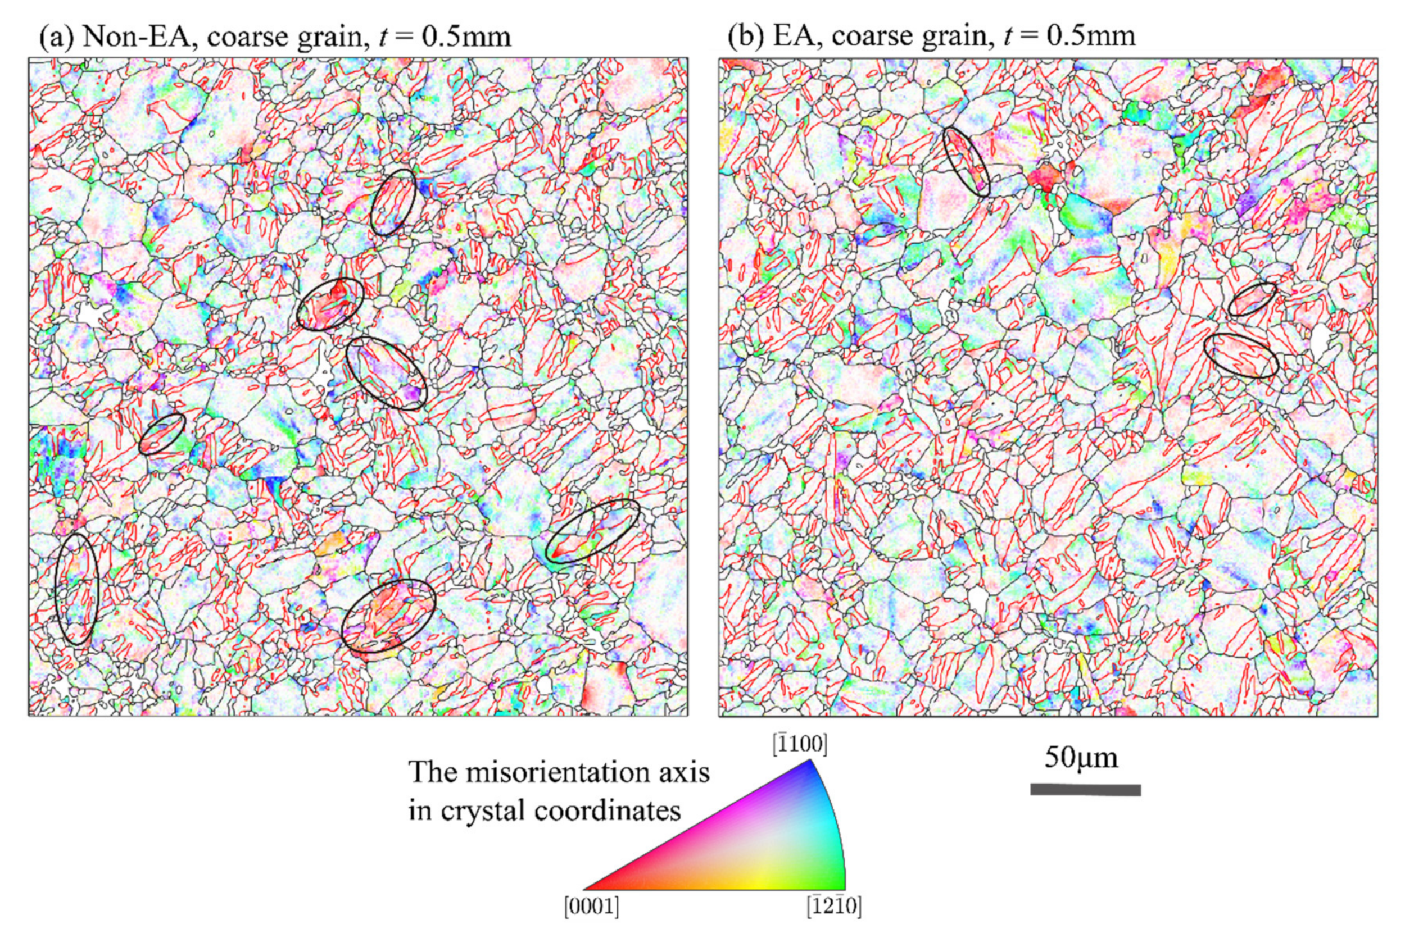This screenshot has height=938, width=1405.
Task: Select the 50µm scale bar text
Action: point(1081,758)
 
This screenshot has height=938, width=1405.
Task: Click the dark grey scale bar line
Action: point(1085,790)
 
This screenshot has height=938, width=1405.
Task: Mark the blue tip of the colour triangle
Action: point(811,764)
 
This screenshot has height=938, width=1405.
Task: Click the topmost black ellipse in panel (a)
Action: point(393,202)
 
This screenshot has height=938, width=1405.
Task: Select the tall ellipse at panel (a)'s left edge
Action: point(76,589)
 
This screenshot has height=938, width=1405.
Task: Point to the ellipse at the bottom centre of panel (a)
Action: point(388,616)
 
